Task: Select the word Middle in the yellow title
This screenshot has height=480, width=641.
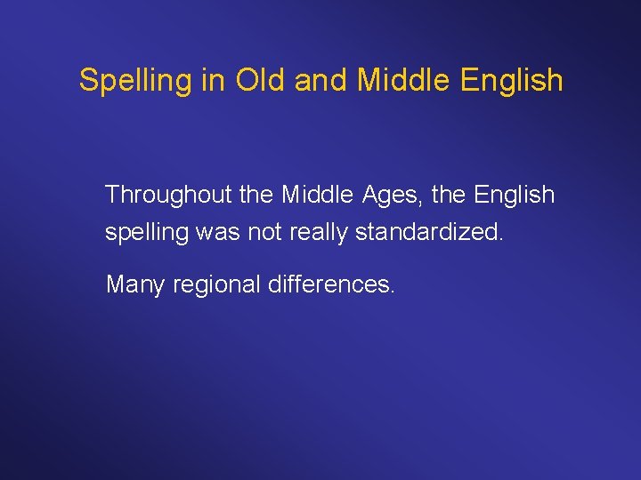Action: tap(404, 80)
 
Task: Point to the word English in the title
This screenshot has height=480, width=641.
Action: tap(512, 81)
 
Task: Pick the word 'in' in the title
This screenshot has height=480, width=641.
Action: tap(212, 80)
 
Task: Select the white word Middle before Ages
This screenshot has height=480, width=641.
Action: tap(315, 195)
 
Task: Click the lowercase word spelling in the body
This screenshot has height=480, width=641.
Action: tap(146, 234)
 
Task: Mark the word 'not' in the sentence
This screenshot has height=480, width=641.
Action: tap(264, 233)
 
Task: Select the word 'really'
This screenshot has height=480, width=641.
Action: tap(318, 234)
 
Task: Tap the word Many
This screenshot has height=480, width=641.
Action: tap(134, 286)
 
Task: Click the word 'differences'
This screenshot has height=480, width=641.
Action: tap(330, 285)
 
